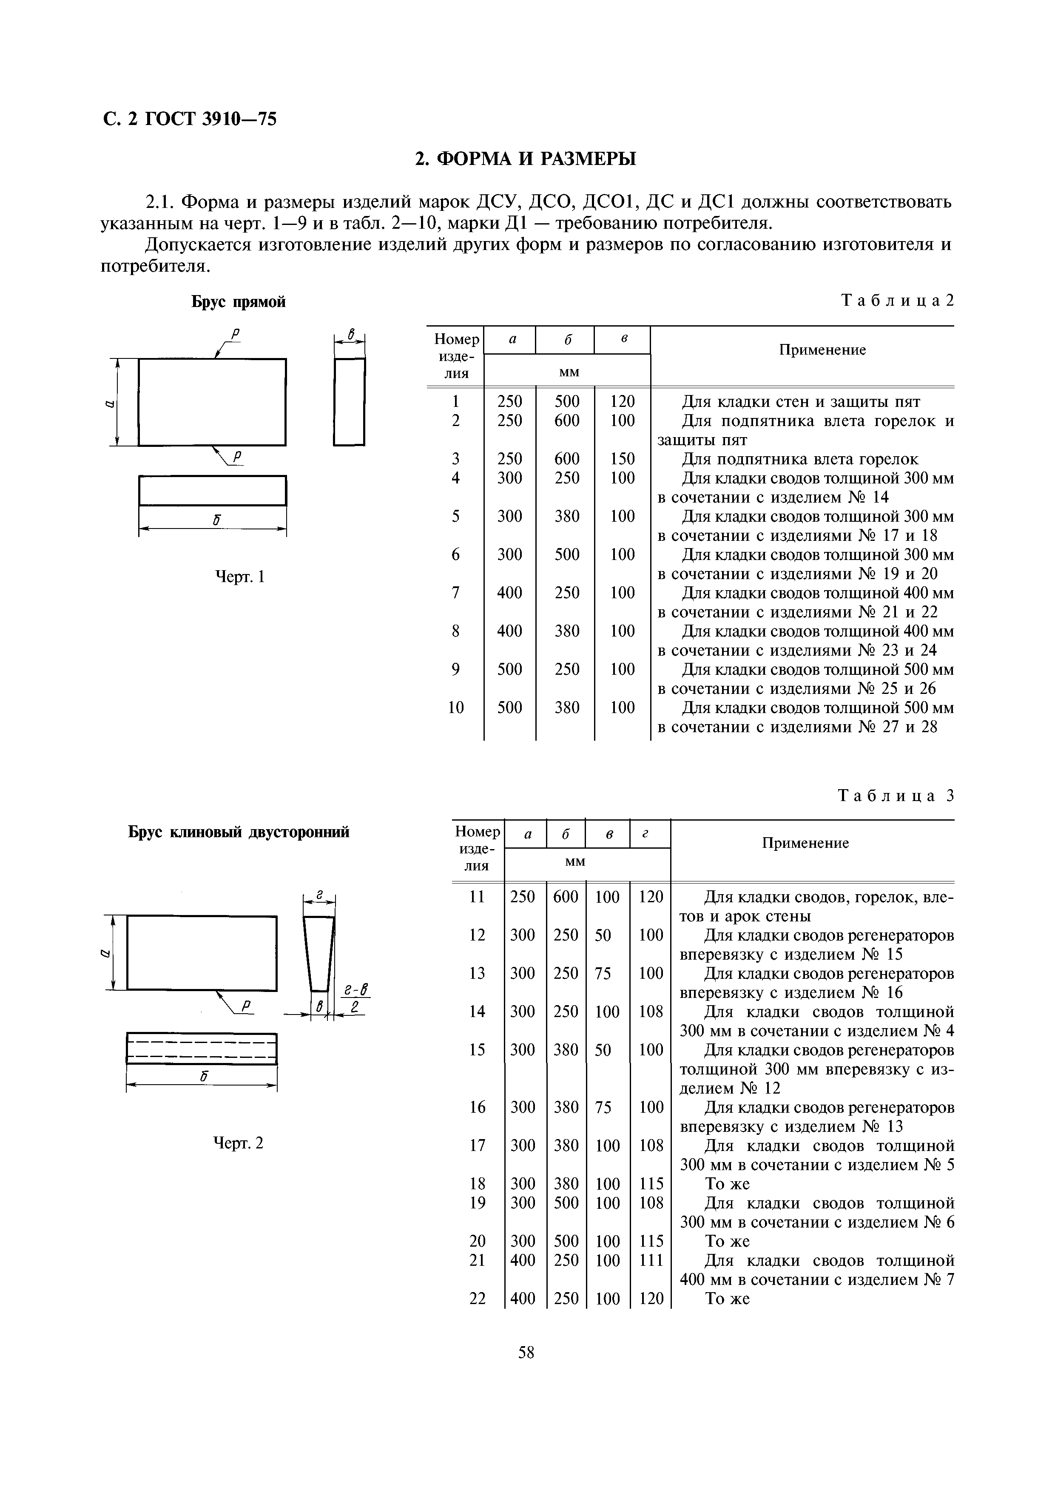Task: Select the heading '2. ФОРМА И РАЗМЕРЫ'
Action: tap(526, 159)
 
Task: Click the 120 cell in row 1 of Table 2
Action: tap(622, 401)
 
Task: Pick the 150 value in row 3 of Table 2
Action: tap(622, 459)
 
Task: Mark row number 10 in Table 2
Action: tap(456, 707)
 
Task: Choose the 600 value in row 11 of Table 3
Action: tap(566, 897)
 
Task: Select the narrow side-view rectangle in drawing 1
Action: tap(349, 401)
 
